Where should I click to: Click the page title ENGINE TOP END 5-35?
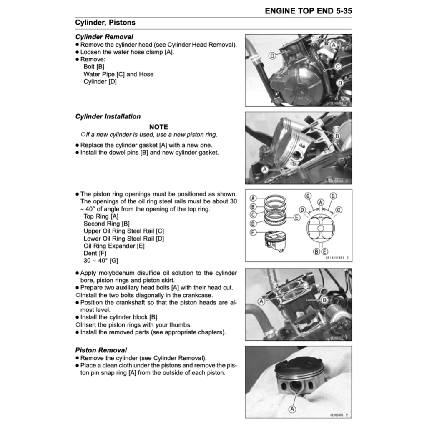308,11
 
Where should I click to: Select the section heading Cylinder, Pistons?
105,23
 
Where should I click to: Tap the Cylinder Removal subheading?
104,37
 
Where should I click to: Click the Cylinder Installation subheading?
108,117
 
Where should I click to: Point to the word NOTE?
158,127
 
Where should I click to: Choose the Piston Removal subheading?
101,350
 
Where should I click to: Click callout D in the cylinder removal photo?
271,55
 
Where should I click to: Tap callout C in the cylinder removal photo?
338,66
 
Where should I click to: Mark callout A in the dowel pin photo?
264,169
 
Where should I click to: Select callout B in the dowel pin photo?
337,136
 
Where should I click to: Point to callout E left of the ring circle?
296,218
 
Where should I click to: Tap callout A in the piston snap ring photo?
292,409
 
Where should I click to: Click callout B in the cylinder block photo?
324,300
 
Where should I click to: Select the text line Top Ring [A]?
101,216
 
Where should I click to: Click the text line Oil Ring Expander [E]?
114,246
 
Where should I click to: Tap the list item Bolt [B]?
94,67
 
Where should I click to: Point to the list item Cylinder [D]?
100,82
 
